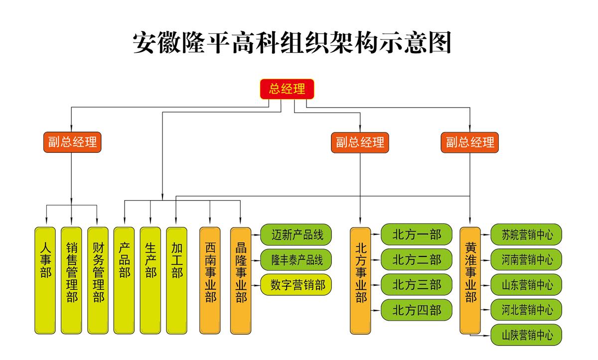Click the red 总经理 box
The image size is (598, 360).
pos(287,89)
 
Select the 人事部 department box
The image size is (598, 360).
pos(45,280)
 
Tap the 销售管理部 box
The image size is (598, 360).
pos(72,280)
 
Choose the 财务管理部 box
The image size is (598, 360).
pos(98,280)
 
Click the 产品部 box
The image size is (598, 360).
pos(124,280)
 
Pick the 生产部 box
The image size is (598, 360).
pos(150,280)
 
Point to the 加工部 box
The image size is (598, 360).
pos(177,280)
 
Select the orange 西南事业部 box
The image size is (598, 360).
pos(210,280)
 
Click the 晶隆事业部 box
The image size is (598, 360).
pos(241,280)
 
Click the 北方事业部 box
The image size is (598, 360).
pos(360,280)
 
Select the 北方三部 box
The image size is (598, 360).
pos(417,285)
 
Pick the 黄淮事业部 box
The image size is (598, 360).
pos(470,280)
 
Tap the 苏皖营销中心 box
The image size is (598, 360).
pos(527,235)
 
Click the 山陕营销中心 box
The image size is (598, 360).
pos(527,335)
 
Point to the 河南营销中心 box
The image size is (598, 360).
pos(527,260)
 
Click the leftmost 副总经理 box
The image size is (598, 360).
pos(72,142)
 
